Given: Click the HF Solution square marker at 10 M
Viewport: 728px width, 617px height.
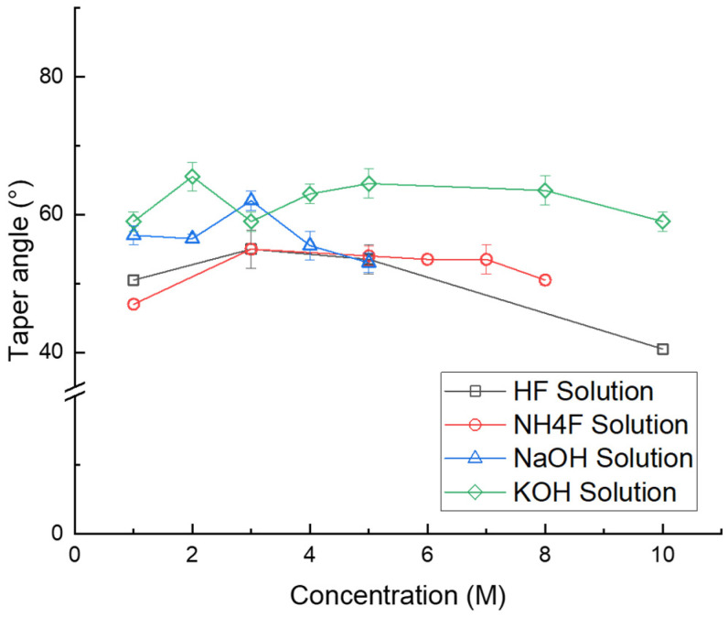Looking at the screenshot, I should point(662,349).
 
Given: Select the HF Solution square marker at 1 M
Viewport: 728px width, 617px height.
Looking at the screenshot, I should point(134,280).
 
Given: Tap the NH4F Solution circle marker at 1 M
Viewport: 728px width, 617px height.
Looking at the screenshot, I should point(134,304).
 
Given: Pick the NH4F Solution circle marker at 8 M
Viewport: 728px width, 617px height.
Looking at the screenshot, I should point(545,280).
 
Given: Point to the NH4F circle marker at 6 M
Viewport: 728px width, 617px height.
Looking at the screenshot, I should point(427,259).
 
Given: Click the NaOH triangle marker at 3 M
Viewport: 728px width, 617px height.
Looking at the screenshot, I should point(252,200).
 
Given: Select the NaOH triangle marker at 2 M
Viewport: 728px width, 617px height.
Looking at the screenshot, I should point(193,237).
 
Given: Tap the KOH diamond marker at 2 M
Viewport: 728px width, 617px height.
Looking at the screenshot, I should point(193,177).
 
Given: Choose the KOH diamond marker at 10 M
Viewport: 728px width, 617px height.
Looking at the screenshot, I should point(662,222).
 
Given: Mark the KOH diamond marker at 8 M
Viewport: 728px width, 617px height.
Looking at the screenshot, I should point(545,190).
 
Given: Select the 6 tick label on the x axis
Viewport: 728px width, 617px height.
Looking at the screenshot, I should point(427,555).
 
